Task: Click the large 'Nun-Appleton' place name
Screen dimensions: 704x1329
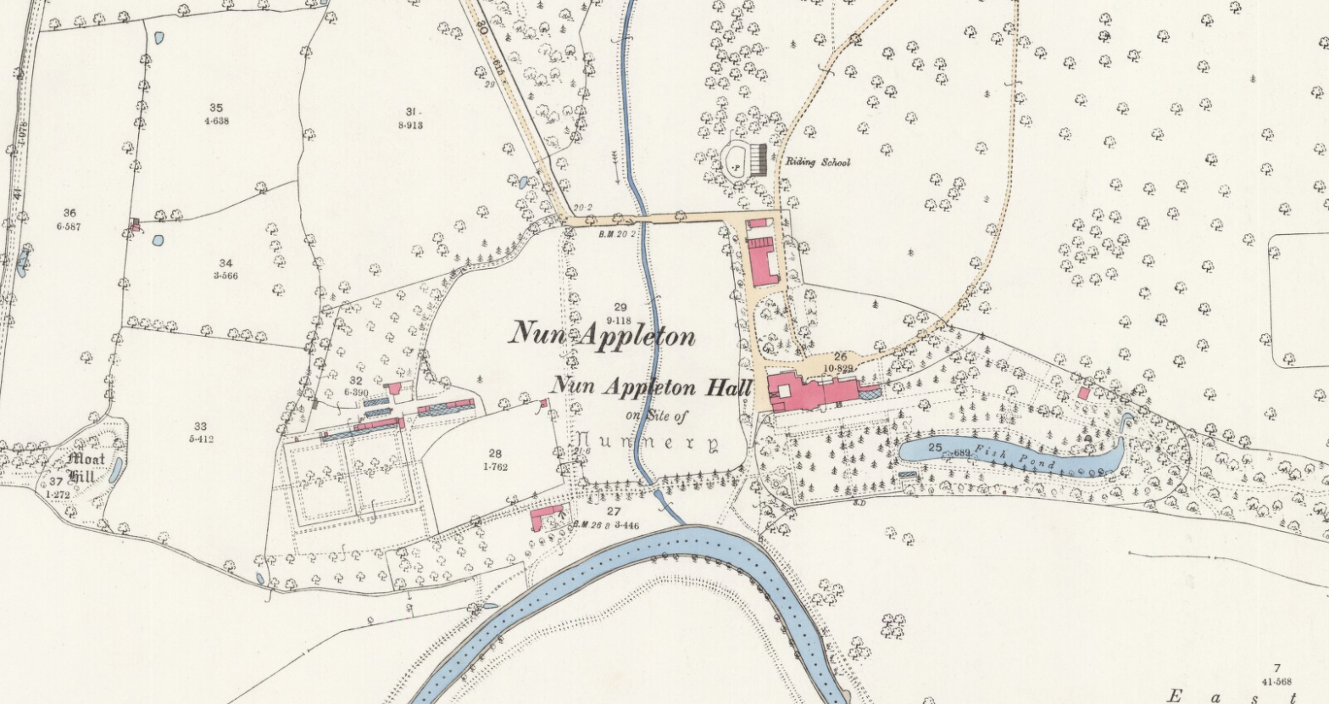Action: pyautogui.click(x=602, y=334)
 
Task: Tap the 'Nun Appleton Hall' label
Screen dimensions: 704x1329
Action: pyautogui.click(x=651, y=387)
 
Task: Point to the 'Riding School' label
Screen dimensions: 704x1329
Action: pyautogui.click(x=817, y=162)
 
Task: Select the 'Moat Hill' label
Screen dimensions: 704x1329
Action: pyautogui.click(x=86, y=467)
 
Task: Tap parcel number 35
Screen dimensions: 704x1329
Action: pyautogui.click(x=216, y=108)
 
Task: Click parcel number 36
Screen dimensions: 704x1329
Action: pyautogui.click(x=70, y=214)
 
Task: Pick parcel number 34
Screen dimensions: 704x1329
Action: pyautogui.click(x=225, y=263)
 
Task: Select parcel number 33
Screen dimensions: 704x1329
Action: pyautogui.click(x=200, y=427)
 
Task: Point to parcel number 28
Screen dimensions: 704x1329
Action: pyautogui.click(x=495, y=455)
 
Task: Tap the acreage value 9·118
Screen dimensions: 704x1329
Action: pyautogui.click(x=620, y=320)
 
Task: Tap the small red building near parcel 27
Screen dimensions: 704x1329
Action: pyautogui.click(x=546, y=515)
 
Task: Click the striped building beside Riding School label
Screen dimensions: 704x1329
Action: pyautogui.click(x=759, y=159)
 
